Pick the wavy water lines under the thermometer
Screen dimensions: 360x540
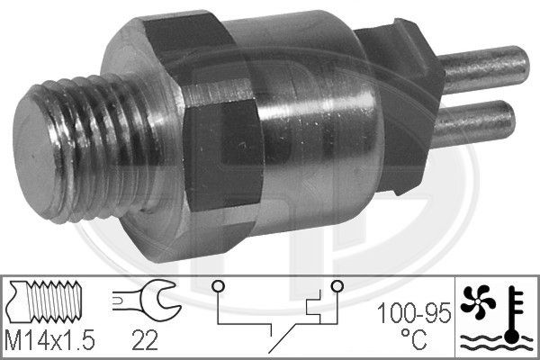point(490,339)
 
